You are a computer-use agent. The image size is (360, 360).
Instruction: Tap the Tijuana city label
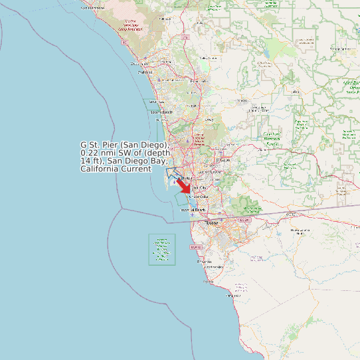click(x=211, y=223)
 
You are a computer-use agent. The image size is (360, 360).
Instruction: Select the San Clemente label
click(x=92, y=7)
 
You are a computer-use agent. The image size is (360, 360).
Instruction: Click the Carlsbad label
click(x=145, y=72)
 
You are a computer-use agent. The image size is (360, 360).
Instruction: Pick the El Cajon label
click(x=224, y=160)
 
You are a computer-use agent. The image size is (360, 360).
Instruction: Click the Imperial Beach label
click(x=193, y=210)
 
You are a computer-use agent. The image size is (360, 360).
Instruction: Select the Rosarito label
click(x=203, y=262)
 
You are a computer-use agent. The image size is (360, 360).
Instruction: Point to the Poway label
click(x=209, y=120)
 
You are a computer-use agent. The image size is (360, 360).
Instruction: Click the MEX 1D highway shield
click(x=195, y=247)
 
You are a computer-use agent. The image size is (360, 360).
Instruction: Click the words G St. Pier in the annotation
click(x=100, y=144)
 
